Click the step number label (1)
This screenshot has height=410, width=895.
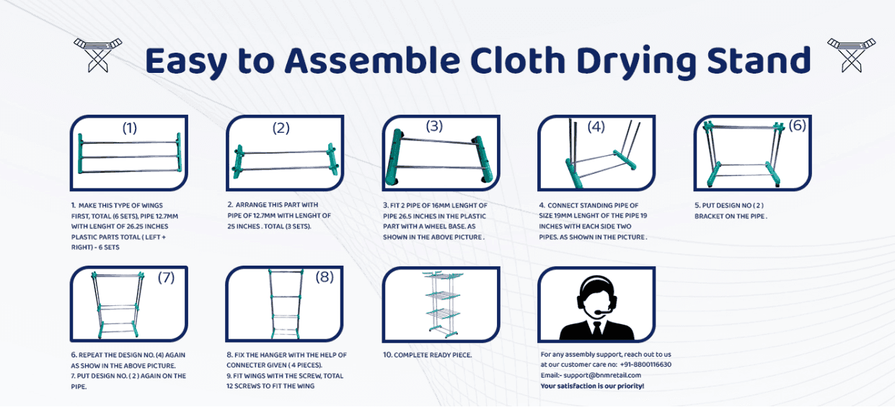129,128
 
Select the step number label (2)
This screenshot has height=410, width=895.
281,128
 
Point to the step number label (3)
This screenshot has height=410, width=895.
434,126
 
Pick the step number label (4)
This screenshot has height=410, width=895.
596,127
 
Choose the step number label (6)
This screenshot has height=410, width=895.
797,126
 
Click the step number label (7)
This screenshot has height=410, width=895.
166,278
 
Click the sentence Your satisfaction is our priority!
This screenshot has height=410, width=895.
592,386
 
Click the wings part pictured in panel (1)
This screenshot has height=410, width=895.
128,154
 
